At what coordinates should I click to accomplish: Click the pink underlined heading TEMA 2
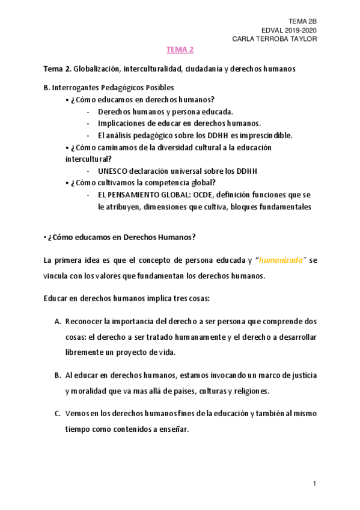coord(180,50)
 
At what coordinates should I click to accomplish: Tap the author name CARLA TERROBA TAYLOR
coord(274,39)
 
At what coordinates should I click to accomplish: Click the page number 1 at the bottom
coord(314,484)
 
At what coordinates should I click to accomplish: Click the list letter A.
coord(58,321)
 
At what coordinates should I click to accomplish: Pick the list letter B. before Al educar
coord(58,375)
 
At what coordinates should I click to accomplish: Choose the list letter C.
coord(58,413)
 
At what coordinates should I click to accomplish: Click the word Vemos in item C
coord(78,413)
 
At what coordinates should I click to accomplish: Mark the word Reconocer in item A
coord(85,321)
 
